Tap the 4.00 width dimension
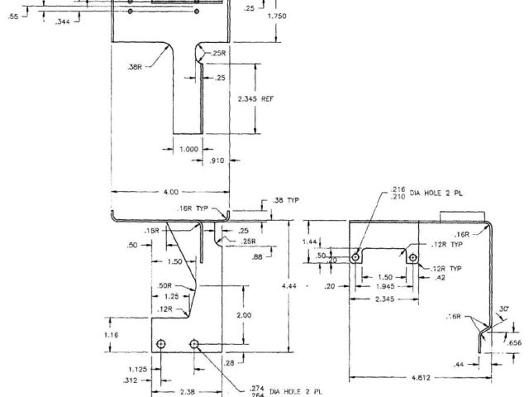tap(170, 192)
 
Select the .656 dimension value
tap(514, 342)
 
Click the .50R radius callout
tap(164, 285)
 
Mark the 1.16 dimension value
tap(113, 337)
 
